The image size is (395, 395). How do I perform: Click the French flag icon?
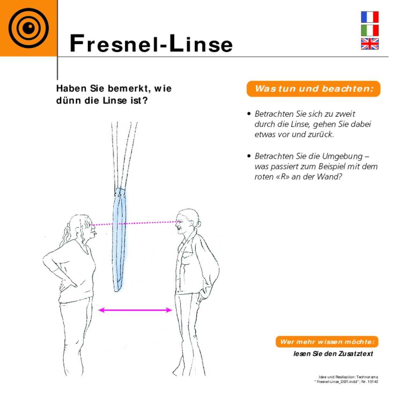click(x=370, y=17)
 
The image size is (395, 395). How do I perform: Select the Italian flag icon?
click(x=370, y=30)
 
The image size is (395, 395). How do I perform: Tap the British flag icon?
click(x=370, y=44)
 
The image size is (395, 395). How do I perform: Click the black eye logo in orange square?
click(x=29, y=28)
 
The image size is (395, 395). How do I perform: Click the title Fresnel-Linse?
click(x=151, y=43)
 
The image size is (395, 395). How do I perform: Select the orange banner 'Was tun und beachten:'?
click(x=313, y=89)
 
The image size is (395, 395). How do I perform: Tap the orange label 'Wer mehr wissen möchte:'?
click(x=327, y=342)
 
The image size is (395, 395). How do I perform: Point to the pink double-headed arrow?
click(x=135, y=310)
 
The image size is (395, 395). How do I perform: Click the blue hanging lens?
click(x=120, y=239)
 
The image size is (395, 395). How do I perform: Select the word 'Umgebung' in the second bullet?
click(x=342, y=156)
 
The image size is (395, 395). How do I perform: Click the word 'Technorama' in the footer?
click(x=367, y=377)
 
